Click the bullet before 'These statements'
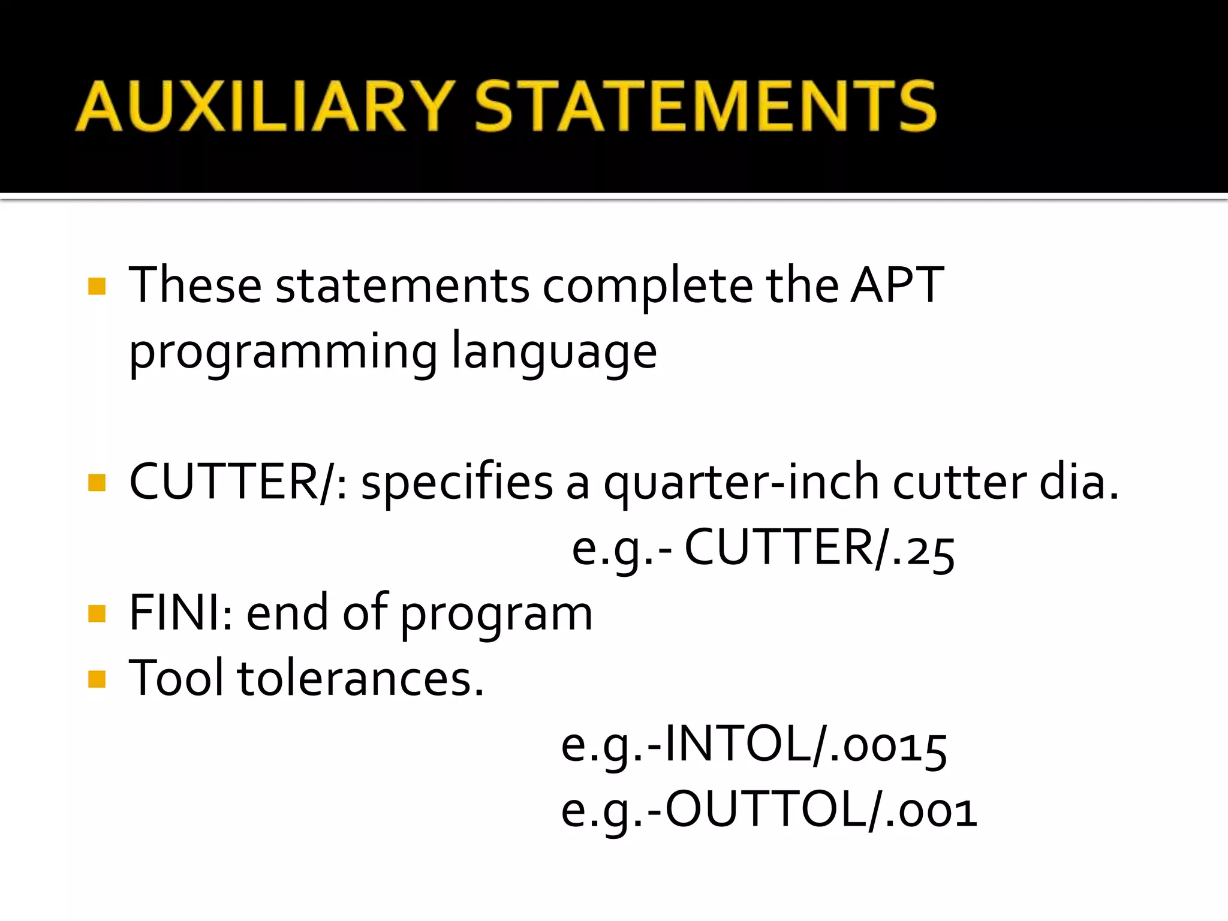97,286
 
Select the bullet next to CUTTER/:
97,482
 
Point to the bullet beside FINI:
97,613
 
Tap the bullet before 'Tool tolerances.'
97,679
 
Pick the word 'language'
554,353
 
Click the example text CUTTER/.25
819,548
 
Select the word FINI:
180,613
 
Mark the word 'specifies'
457,483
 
